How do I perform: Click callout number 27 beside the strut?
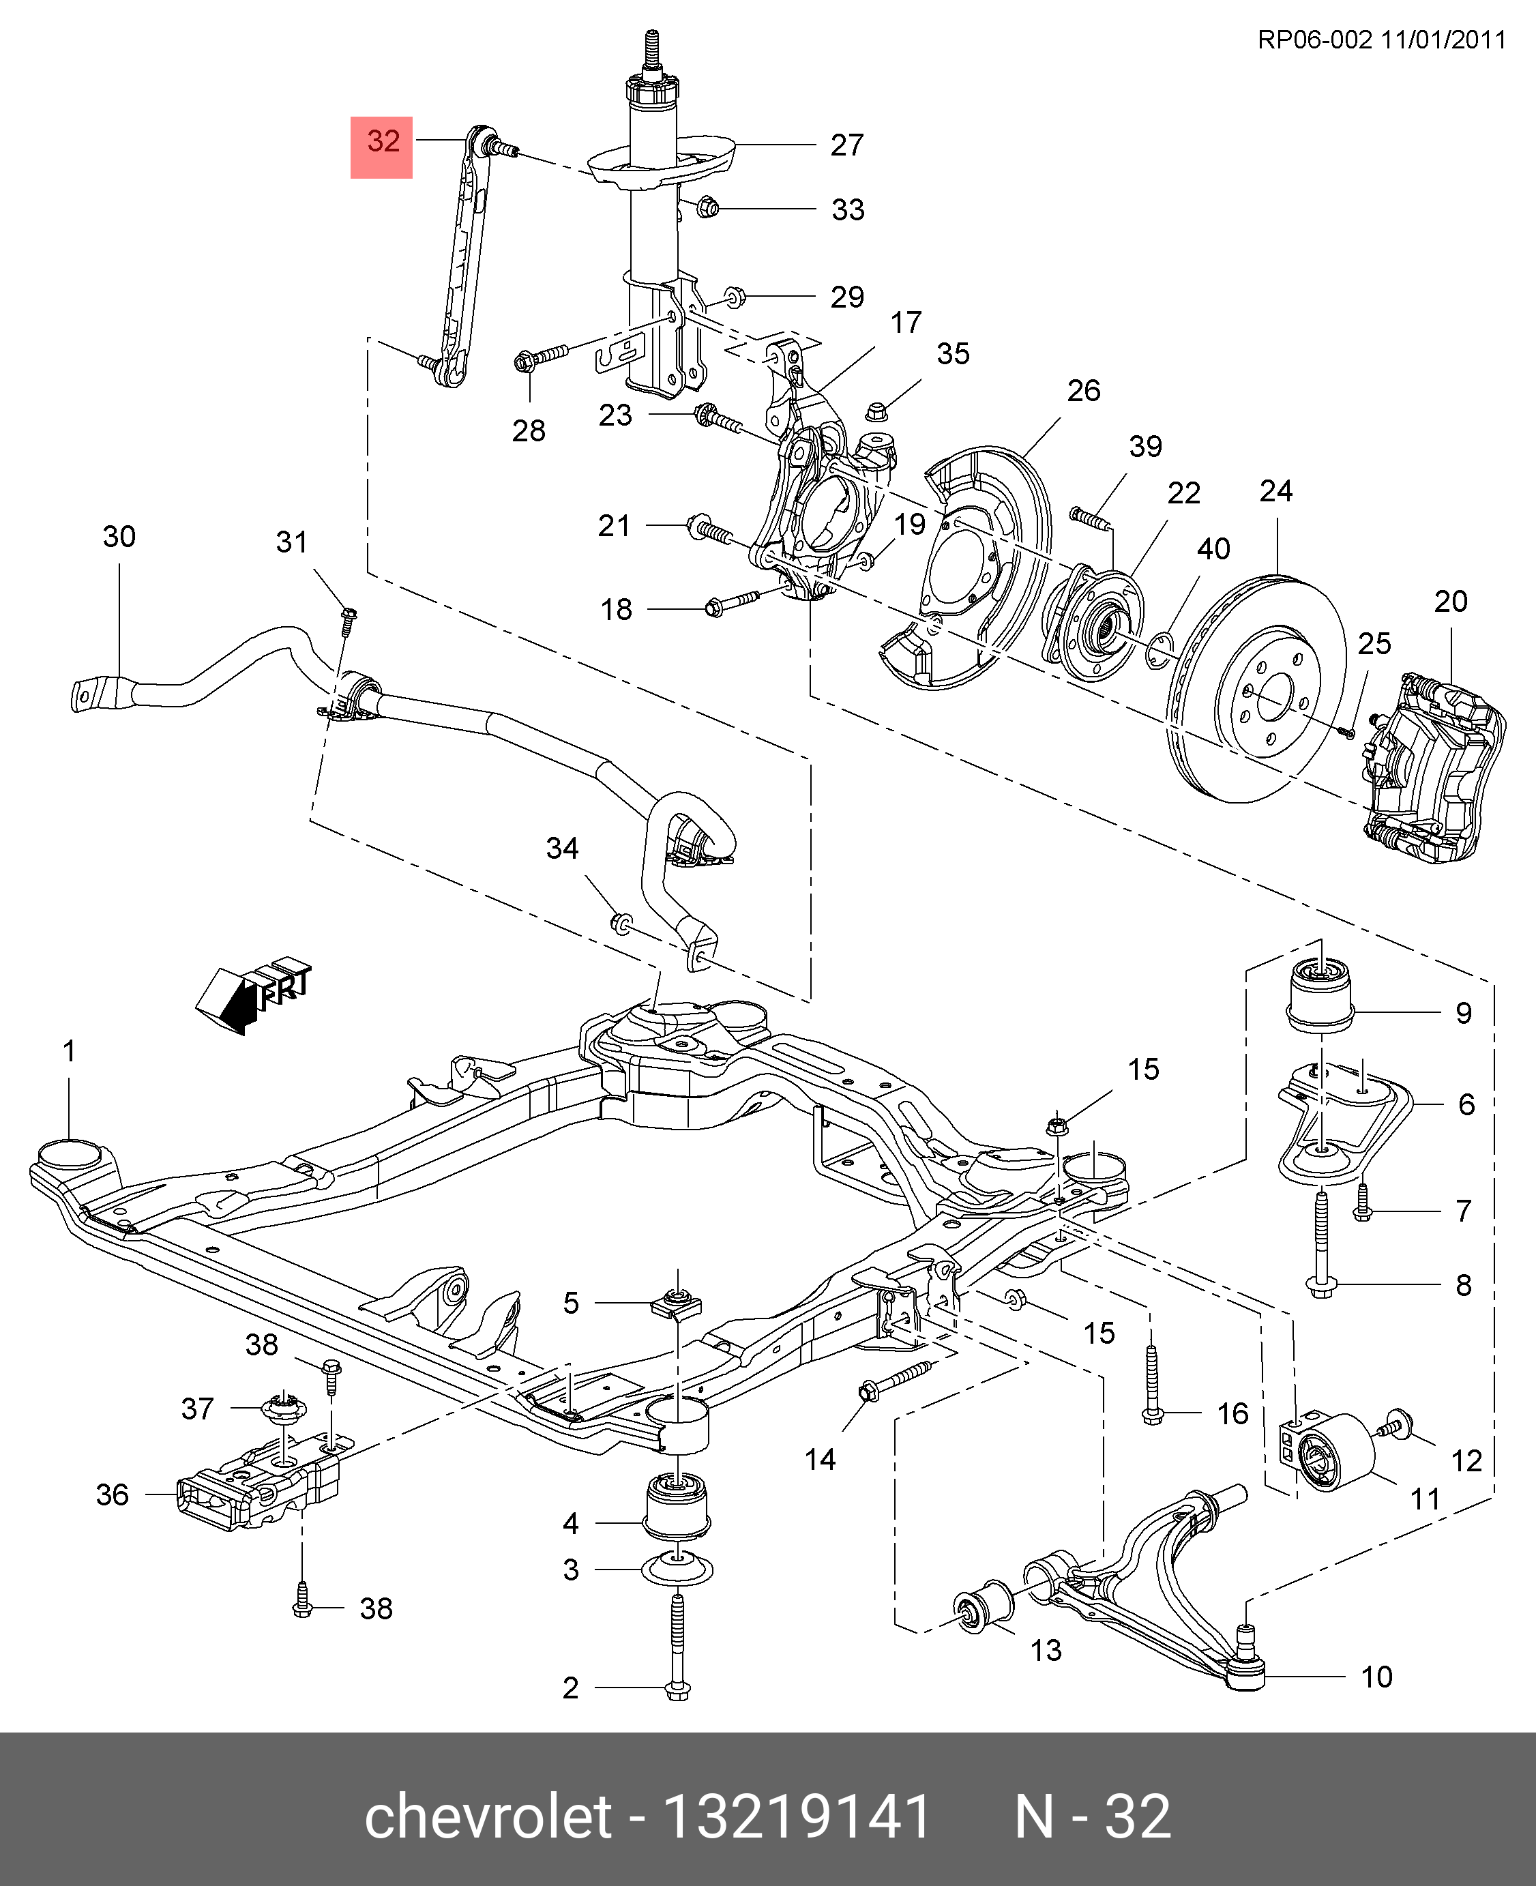tap(846, 145)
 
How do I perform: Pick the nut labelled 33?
tap(707, 209)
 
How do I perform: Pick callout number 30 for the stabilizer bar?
tap(119, 537)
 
